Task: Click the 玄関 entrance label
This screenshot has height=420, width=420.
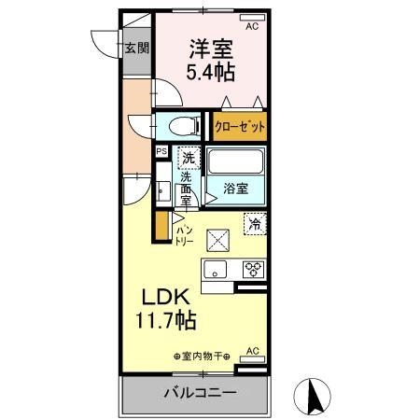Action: [138, 49]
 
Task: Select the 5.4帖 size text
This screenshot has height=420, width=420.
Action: [211, 71]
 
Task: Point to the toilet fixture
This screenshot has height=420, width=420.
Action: [183, 125]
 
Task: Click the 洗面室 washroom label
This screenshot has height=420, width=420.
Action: [187, 188]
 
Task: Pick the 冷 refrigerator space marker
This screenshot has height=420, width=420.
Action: [254, 222]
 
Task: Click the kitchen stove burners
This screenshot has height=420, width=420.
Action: [253, 270]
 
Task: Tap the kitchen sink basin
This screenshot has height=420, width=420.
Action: [217, 271]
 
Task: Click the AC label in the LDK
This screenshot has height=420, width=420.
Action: [250, 350]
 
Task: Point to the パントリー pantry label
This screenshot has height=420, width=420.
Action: [184, 234]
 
